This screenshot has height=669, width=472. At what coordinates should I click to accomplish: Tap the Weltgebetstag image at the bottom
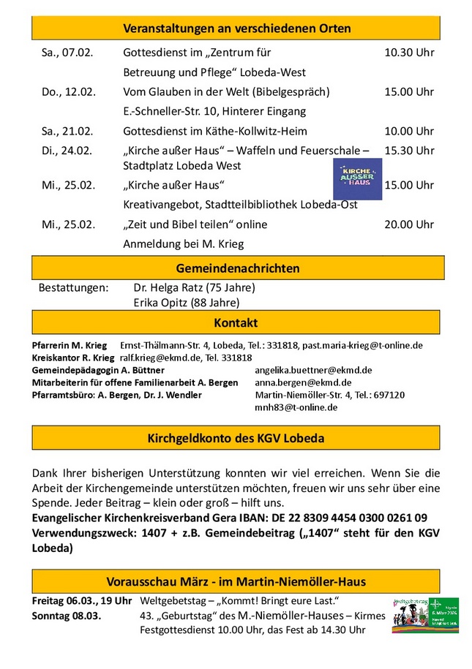pyautogui.click(x=424, y=614)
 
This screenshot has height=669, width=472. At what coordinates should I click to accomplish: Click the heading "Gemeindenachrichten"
pyautogui.click(x=238, y=268)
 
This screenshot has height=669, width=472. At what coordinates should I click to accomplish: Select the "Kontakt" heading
pyautogui.click(x=236, y=322)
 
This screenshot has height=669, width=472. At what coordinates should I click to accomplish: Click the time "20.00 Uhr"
pyautogui.click(x=409, y=224)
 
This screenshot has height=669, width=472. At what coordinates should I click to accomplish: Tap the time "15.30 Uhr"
pyautogui.click(x=409, y=151)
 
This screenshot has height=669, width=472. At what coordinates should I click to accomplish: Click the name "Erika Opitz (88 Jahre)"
pyautogui.click(x=186, y=303)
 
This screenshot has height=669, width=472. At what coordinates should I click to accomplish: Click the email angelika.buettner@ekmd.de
pyautogui.click(x=313, y=371)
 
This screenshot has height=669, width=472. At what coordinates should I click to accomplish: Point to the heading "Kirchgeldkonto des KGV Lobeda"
pyautogui.click(x=236, y=439)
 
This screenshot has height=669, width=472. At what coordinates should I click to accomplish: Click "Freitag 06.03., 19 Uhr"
pyautogui.click(x=82, y=601)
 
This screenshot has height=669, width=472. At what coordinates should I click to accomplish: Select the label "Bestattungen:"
pyautogui.click(x=73, y=287)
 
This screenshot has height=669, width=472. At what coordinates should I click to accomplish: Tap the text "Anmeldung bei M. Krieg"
pyautogui.click(x=184, y=244)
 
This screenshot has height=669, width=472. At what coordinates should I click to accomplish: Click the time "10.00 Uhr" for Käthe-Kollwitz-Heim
pyautogui.click(x=409, y=132)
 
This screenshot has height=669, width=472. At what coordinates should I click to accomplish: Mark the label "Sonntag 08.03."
pyautogui.click(x=67, y=616)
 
